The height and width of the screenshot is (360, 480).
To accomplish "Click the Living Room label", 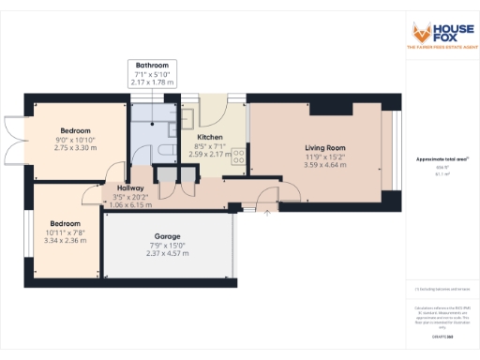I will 324,147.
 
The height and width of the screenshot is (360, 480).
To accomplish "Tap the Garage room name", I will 167,235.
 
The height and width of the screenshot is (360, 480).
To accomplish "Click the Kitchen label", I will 209,137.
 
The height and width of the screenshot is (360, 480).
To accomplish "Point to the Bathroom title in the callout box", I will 151,66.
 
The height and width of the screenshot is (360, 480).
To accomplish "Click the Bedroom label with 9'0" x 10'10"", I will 75,130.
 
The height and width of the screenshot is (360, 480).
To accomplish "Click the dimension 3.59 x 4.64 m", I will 324,165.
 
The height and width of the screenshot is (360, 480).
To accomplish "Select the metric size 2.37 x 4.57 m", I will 167,253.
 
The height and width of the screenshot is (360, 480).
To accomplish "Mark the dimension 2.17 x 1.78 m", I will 151,82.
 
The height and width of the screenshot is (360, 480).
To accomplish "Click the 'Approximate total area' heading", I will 442,159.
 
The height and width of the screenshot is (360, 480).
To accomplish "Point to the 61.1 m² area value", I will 442,173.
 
